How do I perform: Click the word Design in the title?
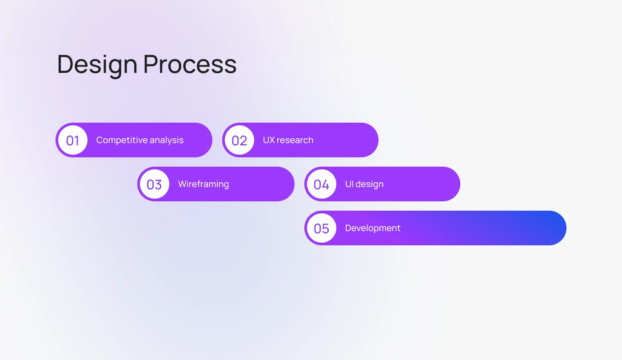coord(97,64)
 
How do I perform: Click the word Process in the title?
coord(190,64)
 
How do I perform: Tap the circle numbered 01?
coord(73,140)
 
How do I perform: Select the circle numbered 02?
coord(239,140)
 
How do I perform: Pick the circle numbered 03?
coord(154,184)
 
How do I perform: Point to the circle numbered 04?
coord(321,184)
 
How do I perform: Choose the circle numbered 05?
coord(321,228)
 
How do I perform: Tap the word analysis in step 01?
coord(167,140)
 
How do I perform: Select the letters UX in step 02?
coord(268,140)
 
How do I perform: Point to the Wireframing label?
coord(203,184)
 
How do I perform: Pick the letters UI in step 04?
coord(349,184)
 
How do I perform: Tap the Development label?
coord(373,228)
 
